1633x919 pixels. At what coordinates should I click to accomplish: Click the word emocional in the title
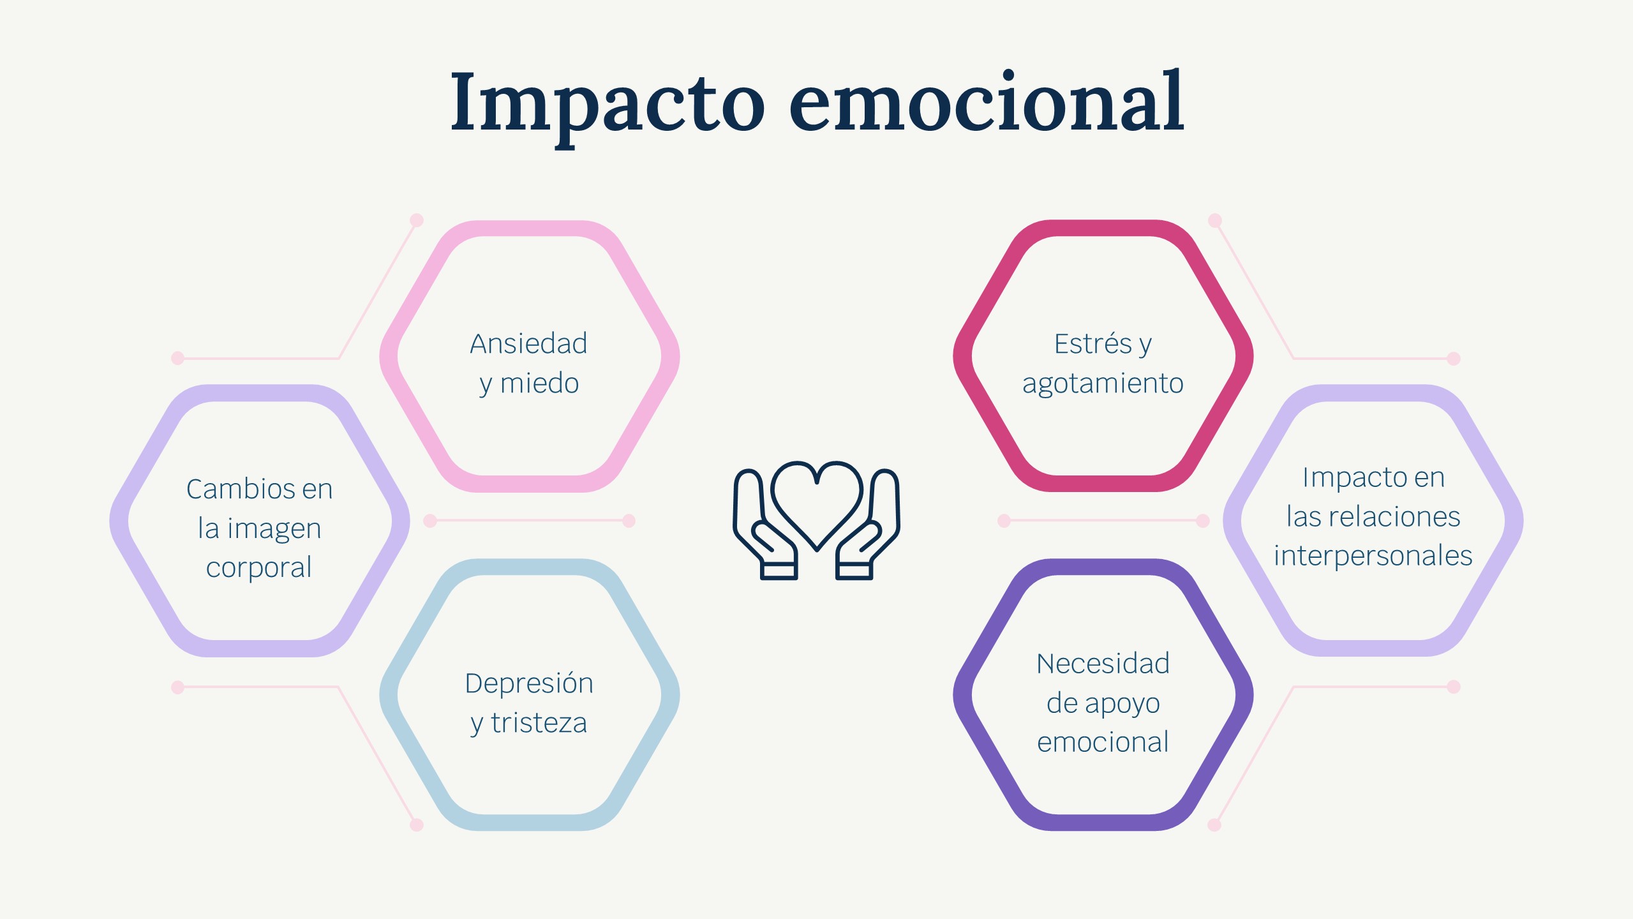click(987, 101)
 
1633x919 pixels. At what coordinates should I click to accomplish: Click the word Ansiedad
click(528, 343)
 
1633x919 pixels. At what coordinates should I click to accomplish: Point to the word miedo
click(540, 383)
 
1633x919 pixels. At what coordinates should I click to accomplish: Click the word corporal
click(259, 568)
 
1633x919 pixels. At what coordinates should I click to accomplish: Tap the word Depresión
click(529, 683)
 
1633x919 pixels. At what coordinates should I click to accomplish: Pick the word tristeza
click(539, 723)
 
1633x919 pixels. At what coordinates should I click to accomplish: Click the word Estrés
click(1092, 343)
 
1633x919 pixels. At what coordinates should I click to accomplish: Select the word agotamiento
click(1103, 384)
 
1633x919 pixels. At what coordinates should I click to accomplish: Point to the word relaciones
click(1396, 516)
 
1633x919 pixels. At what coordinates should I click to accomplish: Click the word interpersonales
click(1373, 556)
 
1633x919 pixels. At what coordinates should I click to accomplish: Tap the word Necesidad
click(1103, 664)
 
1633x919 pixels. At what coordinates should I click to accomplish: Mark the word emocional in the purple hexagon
click(1103, 742)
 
